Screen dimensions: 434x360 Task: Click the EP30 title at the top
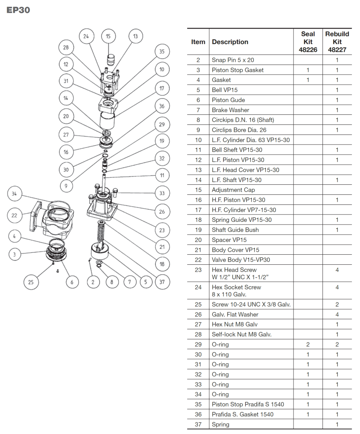(x=18, y=10)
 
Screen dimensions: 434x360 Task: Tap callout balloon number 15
(x=108, y=36)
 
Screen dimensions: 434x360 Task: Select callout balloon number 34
(x=14, y=194)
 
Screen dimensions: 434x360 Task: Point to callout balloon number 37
(x=162, y=282)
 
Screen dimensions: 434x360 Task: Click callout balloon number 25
(x=31, y=282)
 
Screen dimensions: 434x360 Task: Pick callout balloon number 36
(x=162, y=106)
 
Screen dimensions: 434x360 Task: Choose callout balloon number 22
(x=14, y=215)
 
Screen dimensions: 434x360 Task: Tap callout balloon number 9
(x=66, y=186)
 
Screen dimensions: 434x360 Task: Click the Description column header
(x=230, y=42)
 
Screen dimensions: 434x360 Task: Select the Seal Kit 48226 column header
(x=308, y=42)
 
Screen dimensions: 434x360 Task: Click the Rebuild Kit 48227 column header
(x=337, y=42)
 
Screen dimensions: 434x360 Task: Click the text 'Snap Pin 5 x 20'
(x=233, y=60)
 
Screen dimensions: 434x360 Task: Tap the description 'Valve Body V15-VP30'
(x=241, y=260)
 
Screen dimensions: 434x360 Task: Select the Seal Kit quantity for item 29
(x=308, y=344)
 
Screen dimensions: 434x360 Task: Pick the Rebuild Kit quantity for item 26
(x=337, y=315)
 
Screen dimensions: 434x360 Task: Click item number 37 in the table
(x=198, y=424)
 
